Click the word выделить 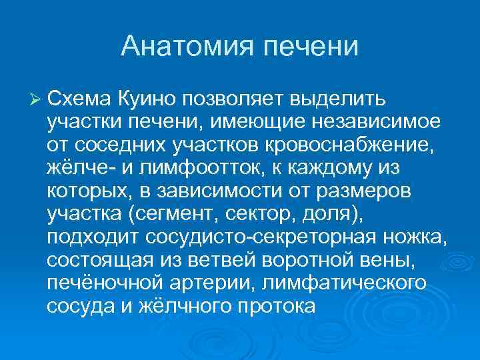pyautogui.click(x=337, y=99)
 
